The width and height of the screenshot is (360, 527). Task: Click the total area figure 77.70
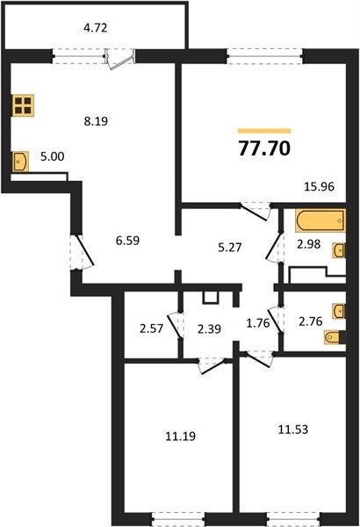coord(264,148)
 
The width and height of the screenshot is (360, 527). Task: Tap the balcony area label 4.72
coord(96,28)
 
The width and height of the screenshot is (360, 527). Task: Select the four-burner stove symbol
coord(23,105)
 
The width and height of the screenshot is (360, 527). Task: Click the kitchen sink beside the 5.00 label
coord(20,162)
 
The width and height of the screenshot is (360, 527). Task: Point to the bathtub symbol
coord(320,220)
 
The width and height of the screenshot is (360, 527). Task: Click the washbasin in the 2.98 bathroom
coord(339,250)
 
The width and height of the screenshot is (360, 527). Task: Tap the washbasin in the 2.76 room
coord(339,311)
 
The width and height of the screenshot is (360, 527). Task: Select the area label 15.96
coord(319,186)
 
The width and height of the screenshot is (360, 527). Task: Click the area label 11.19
coord(181,437)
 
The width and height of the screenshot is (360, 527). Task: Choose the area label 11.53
coord(293,430)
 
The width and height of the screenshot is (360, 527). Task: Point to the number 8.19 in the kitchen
coord(96,121)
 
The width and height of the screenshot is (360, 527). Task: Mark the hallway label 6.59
coord(127,241)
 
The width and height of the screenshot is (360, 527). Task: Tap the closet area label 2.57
coord(152,328)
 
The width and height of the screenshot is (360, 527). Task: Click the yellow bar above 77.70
coord(264,131)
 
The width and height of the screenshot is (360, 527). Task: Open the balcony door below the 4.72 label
coord(120,59)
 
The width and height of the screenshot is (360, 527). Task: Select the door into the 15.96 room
coord(256,212)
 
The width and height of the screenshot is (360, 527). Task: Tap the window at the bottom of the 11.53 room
coord(294,518)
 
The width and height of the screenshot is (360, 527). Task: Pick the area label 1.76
coord(258,323)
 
